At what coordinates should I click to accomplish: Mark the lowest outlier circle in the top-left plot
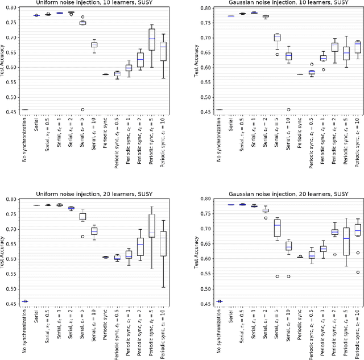tap(83, 110)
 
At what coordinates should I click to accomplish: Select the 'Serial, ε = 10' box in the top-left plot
tap(94, 44)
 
